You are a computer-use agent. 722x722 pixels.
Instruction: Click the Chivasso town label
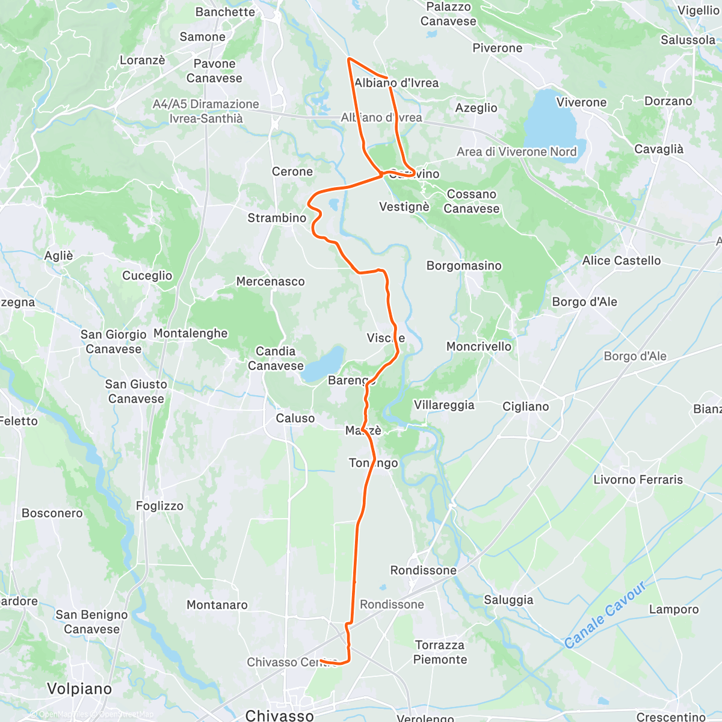pos(280,715)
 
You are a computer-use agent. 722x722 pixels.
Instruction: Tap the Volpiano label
pos(79,688)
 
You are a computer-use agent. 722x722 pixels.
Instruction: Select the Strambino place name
pos(277,218)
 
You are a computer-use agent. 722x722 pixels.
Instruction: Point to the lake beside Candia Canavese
pos(322,365)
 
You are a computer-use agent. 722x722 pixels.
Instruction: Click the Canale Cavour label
pos(605,615)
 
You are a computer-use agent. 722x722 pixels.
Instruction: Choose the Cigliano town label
pos(526,407)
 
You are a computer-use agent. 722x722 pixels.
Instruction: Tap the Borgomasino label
pos(464,265)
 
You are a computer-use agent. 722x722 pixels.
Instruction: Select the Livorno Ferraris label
pos(638,480)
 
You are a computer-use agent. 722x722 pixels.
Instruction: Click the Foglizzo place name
pos(159,506)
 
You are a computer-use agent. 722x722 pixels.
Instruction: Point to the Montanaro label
pos(217,605)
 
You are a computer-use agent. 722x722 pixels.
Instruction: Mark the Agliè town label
pos(58,256)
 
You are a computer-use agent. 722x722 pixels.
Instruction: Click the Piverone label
pos(497,48)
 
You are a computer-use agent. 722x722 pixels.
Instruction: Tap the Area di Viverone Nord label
pos(516,152)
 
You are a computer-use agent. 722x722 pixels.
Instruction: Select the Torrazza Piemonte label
pos(440,652)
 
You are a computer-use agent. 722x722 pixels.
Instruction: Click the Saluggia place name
pos(508,600)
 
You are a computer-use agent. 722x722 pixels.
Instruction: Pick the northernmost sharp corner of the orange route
pos(349,58)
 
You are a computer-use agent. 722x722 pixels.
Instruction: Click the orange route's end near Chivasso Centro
pos(321,661)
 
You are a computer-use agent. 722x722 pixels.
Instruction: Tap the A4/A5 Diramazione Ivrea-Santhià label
pos(206,111)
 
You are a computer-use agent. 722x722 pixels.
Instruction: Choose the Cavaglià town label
pos(659,149)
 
